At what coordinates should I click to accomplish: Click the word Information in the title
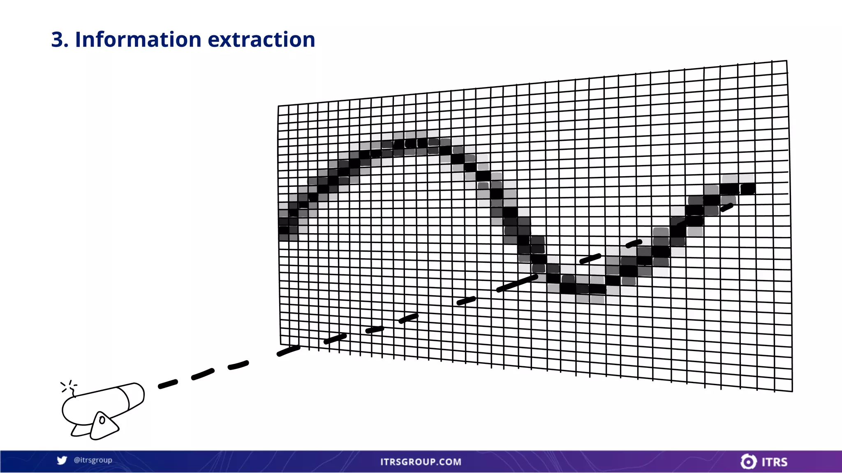[x=138, y=40]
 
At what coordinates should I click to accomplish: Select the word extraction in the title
[x=261, y=40]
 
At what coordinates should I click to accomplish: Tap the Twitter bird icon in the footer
[x=62, y=460]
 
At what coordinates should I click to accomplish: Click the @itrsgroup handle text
[x=93, y=460]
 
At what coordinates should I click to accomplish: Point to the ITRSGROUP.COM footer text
[x=421, y=462]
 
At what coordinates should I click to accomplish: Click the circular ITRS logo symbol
[x=748, y=462]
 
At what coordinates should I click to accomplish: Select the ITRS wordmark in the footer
[x=775, y=462]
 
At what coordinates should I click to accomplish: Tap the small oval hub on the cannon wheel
[x=102, y=420]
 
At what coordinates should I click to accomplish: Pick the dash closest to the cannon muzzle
[x=168, y=384]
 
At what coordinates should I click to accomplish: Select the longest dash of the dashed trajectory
[x=517, y=283]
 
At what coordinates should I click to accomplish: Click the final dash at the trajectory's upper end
[x=726, y=207]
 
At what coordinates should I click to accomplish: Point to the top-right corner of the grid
[x=786, y=61]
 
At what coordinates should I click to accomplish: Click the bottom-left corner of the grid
[x=281, y=344]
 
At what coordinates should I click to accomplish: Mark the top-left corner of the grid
[x=279, y=106]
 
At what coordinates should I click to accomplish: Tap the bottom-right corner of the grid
[x=792, y=391]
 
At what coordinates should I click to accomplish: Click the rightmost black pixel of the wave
[x=748, y=189]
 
